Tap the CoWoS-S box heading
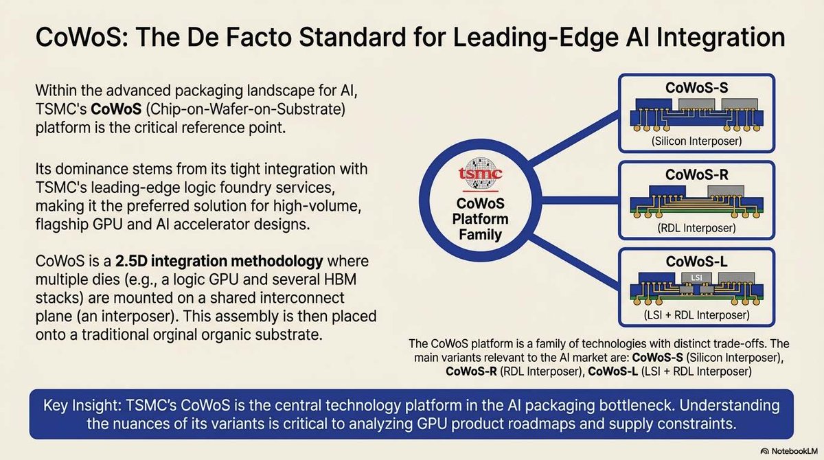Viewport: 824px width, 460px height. pyautogui.click(x=696, y=89)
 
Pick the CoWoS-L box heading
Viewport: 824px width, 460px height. pyautogui.click(x=696, y=261)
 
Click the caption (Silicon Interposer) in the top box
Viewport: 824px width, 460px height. pyautogui.click(x=696, y=142)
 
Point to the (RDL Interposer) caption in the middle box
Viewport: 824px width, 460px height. pyautogui.click(x=696, y=228)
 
